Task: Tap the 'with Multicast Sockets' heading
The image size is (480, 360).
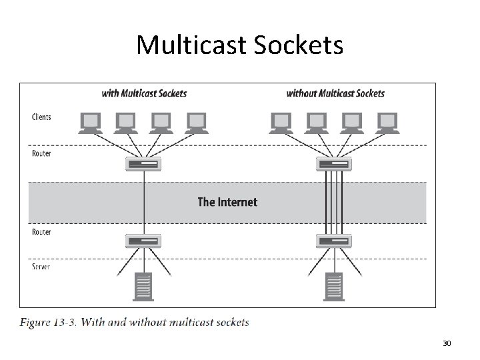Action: point(144,93)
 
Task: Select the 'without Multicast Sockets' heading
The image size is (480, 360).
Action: point(335,93)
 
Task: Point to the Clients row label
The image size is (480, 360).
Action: point(41,117)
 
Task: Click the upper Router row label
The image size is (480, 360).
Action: point(41,153)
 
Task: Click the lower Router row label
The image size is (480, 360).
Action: point(41,232)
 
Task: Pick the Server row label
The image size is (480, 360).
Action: point(41,267)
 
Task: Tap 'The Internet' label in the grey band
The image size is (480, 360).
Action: point(227,201)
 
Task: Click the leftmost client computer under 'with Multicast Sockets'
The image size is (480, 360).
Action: point(89,121)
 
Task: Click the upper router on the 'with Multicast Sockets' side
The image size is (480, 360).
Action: point(143,164)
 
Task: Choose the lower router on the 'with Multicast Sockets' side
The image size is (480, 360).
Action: point(143,241)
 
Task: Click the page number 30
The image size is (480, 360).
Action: point(447,343)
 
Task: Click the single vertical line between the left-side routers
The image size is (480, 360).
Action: point(143,200)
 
